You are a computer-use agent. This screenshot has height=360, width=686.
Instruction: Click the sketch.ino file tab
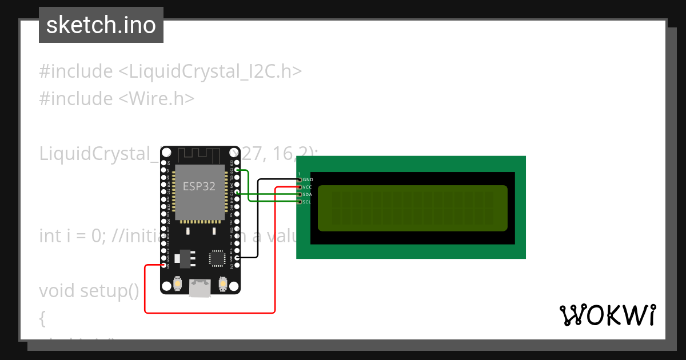101,25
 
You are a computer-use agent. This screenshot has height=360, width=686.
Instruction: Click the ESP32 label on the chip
199,186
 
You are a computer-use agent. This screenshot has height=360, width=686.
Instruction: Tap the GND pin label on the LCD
308,180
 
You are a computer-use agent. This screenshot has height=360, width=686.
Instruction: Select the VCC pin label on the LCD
307,187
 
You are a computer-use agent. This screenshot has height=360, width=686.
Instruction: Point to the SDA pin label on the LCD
307,195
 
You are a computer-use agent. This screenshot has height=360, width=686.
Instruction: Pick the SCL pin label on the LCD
307,202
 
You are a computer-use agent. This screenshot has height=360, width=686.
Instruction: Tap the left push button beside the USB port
178,283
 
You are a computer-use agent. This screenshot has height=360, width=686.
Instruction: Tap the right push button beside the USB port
222,283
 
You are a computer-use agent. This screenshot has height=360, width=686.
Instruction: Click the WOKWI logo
608,315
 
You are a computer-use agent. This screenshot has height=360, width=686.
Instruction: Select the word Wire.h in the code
162,99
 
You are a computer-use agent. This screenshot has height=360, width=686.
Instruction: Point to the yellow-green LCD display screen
412,208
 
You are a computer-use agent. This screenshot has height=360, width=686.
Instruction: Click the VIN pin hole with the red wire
165,265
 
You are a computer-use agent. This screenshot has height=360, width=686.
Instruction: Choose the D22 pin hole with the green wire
237,170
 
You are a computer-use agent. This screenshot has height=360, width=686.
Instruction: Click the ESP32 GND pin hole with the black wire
237,258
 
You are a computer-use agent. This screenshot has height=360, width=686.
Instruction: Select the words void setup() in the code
89,291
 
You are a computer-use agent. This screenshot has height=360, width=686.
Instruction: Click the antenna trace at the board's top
200,154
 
